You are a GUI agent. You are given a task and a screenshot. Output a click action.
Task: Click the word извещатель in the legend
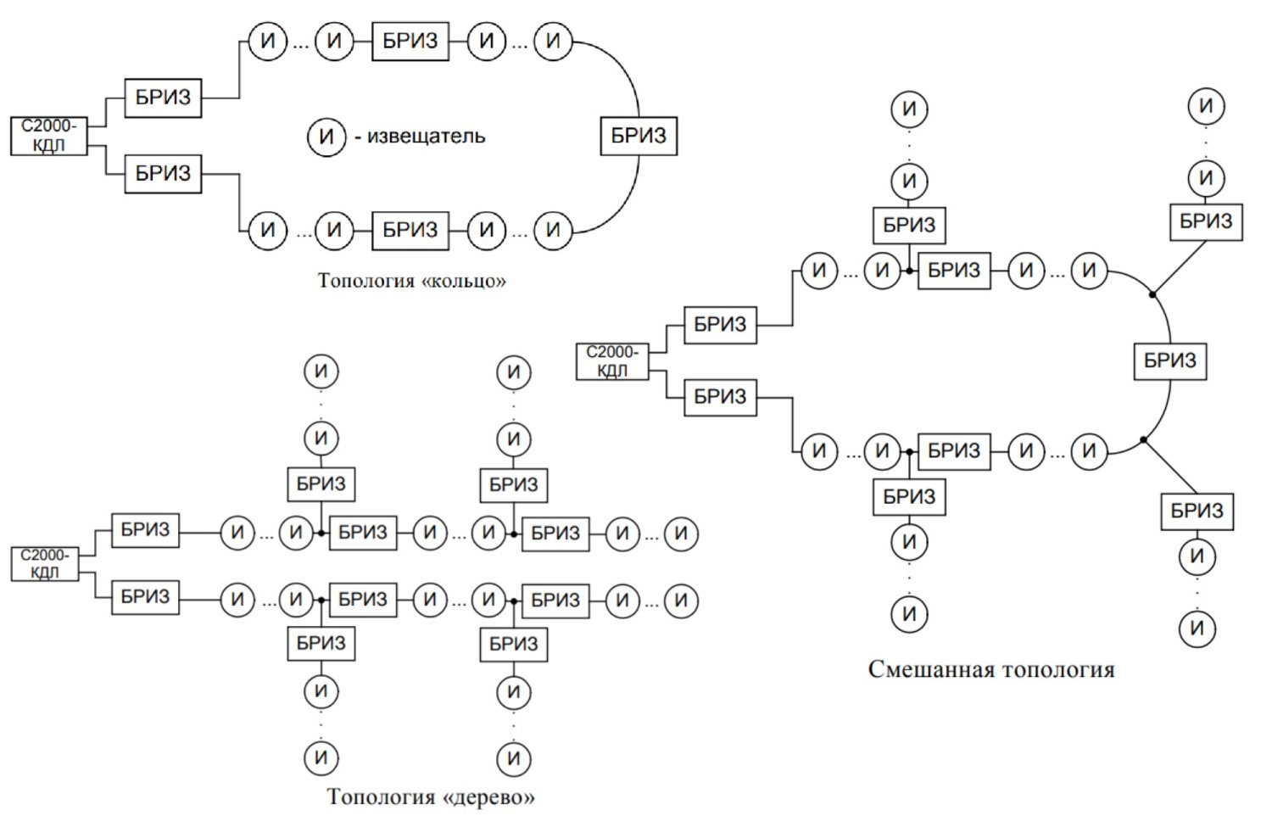pyautogui.click(x=426, y=136)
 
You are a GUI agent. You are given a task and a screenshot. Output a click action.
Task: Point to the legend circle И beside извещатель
pyautogui.click(x=326, y=136)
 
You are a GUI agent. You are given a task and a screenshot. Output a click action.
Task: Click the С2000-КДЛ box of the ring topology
pyautogui.click(x=48, y=136)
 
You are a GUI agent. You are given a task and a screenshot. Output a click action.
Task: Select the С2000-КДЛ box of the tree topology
pyautogui.click(x=45, y=563)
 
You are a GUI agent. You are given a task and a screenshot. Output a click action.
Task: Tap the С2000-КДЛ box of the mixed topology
pyautogui.click(x=612, y=360)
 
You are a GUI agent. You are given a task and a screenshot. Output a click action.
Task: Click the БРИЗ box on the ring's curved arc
pyautogui.click(x=639, y=136)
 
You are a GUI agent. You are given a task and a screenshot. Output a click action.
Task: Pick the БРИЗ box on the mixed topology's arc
pyautogui.click(x=1169, y=360)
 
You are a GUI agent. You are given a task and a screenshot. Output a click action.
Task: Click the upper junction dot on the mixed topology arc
pyautogui.click(x=1152, y=294)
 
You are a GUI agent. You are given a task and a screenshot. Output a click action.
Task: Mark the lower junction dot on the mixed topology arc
pyautogui.click(x=1143, y=439)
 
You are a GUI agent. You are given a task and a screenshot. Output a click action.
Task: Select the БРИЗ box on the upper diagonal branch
pyautogui.click(x=1205, y=221)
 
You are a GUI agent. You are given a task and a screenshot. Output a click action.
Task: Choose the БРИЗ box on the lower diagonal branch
pyautogui.click(x=1197, y=511)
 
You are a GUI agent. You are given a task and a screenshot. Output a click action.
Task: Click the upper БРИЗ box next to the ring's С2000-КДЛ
pyautogui.click(x=163, y=98)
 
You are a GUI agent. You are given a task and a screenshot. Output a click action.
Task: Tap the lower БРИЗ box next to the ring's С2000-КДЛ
pyautogui.click(x=163, y=174)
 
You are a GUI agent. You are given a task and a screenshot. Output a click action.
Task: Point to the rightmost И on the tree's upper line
pyautogui.click(x=681, y=534)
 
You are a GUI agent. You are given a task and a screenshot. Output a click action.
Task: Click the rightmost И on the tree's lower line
pyautogui.click(x=681, y=601)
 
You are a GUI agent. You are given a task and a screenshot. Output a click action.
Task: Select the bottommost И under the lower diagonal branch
pyautogui.click(x=1197, y=629)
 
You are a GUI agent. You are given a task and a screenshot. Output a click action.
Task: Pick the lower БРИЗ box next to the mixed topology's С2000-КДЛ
pyautogui.click(x=720, y=396)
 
